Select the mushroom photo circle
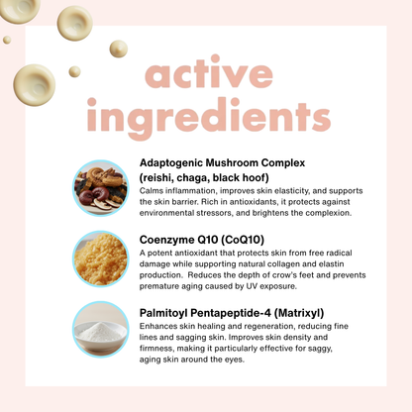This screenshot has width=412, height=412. click(x=100, y=188)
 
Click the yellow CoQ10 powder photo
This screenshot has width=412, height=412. click(x=100, y=259)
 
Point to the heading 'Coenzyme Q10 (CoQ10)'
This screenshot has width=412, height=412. click(x=202, y=238)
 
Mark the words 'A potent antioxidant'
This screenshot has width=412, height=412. click(x=184, y=252)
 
